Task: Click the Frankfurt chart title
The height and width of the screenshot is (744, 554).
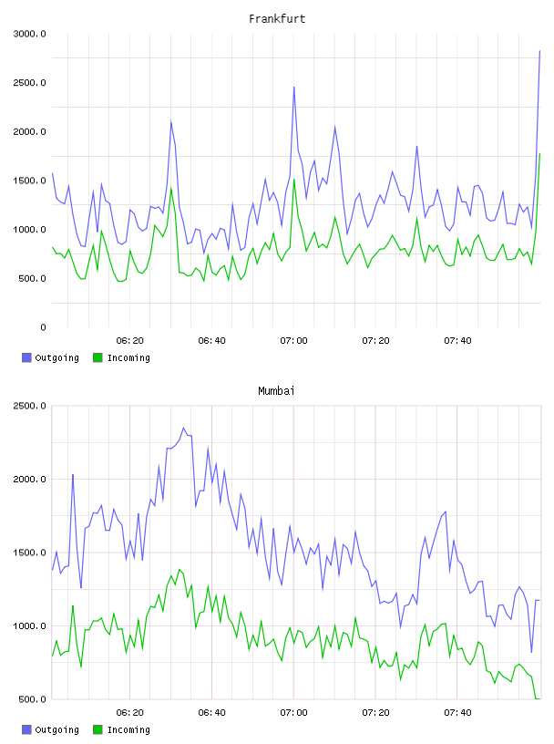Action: point(277,19)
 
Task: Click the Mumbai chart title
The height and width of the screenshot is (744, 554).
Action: point(276,391)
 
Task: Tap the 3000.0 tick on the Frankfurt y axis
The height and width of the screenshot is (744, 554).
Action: point(29,34)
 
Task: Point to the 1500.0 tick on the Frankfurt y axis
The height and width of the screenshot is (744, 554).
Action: point(29,181)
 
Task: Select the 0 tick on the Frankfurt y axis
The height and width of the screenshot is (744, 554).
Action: point(43,327)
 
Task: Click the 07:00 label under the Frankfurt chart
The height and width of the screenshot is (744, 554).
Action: point(293,340)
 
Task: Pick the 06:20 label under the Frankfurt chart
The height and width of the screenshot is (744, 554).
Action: point(130,340)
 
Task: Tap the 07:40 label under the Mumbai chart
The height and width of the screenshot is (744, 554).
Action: point(457,712)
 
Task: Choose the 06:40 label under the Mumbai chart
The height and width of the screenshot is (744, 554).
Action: point(212,712)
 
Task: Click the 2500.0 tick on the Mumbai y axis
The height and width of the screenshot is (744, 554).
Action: point(29,406)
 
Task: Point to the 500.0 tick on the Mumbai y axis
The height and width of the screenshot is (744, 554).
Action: point(32,699)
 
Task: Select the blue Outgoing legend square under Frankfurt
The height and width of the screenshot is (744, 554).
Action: point(26,357)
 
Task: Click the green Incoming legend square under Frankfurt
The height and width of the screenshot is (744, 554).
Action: point(97,357)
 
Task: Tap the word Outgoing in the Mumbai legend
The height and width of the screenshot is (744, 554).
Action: point(56,729)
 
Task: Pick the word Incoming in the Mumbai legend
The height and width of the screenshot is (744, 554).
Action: point(128,729)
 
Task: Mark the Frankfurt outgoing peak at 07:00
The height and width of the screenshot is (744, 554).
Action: point(294,88)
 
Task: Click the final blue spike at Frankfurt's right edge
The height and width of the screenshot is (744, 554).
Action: point(539,51)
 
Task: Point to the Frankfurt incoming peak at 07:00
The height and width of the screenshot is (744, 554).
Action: point(294,180)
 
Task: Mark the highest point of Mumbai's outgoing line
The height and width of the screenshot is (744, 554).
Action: point(184,428)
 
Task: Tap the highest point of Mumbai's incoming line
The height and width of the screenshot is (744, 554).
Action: point(180,569)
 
